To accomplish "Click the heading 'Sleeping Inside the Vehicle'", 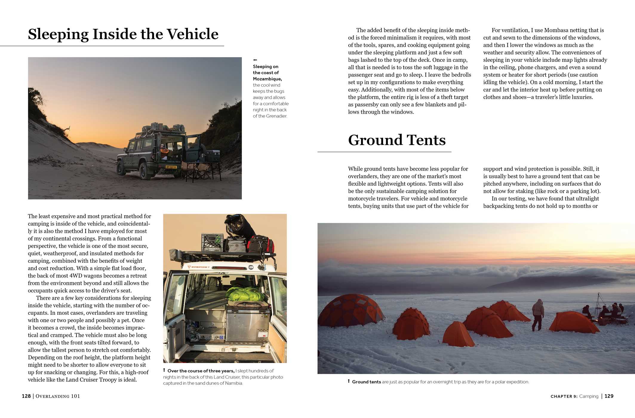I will (x=123, y=34).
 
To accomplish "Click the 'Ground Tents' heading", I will (x=396, y=140).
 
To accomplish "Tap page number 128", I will (x=26, y=396).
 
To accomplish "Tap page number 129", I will (x=609, y=396).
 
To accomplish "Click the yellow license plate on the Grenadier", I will (x=171, y=167).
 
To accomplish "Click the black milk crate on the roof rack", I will (x=212, y=242).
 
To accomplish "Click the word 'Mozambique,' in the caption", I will (x=267, y=79).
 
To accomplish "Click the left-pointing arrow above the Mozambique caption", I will (x=255, y=60).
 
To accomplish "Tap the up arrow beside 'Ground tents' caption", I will (x=348, y=381).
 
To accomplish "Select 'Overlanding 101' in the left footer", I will (x=58, y=396).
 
